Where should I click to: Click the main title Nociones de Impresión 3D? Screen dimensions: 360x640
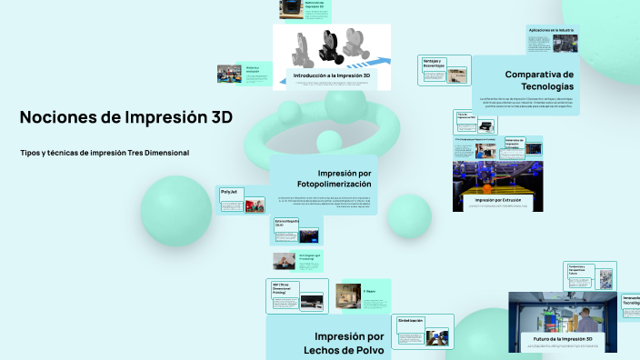click(x=125, y=118)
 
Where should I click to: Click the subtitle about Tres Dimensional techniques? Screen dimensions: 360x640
click(x=105, y=153)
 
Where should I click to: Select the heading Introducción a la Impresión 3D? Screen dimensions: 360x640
click(x=331, y=75)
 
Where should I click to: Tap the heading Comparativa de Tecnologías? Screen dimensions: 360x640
click(x=539, y=80)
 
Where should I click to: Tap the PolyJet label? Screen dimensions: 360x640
click(x=229, y=192)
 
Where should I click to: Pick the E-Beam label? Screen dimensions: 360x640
click(x=369, y=291)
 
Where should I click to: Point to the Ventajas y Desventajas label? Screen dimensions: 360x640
click(x=433, y=64)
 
